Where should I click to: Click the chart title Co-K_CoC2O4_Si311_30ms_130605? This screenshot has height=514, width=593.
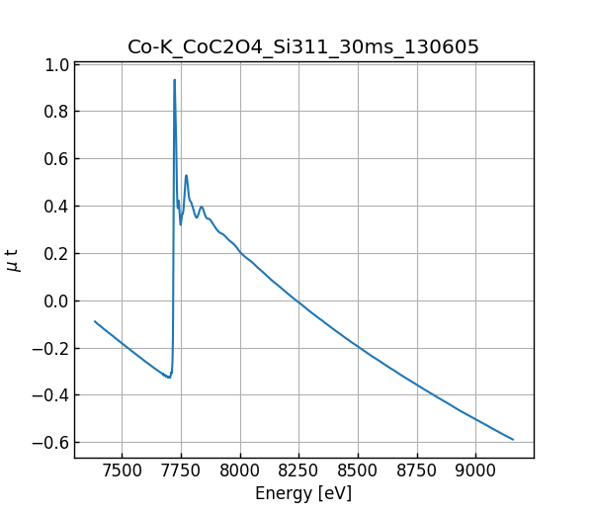303,46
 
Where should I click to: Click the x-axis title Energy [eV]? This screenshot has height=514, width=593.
303,493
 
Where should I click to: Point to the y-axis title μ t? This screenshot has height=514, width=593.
13,260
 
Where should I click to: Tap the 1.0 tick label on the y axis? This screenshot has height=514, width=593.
56,64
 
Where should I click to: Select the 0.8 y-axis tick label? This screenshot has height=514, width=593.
56,112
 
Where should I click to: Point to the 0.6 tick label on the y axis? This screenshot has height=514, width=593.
56,159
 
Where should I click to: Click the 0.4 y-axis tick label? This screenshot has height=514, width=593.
56,206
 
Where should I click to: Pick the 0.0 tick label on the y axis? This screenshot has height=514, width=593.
56,300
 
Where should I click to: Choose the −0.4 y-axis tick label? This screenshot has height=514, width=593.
51,395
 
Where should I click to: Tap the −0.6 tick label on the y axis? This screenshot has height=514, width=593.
51,442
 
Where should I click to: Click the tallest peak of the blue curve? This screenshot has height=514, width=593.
175,80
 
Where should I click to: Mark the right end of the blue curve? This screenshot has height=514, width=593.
513,439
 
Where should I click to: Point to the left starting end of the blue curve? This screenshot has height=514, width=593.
95,321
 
